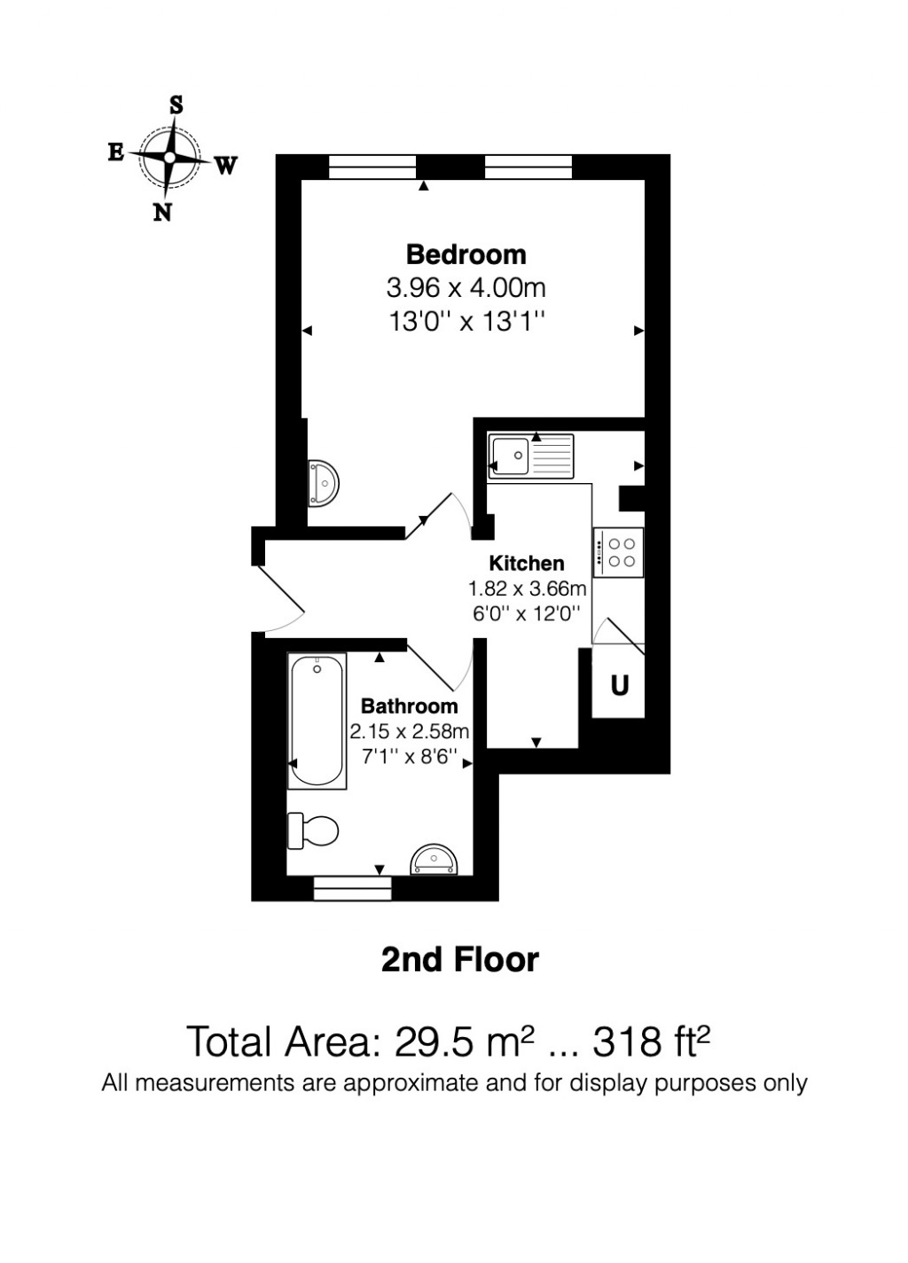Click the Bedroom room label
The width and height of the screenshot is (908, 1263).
pos(466,255)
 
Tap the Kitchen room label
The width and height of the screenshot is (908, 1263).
pos(527,564)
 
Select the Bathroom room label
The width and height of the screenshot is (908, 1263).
pos(409,706)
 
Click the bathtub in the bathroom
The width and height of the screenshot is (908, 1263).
pos(317,720)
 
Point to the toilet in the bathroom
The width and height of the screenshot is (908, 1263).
pos(313,830)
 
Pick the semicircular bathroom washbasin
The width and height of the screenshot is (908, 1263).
pos(434,860)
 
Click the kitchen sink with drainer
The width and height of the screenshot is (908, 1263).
pos(530,456)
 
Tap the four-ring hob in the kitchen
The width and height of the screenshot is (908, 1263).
pos(618,552)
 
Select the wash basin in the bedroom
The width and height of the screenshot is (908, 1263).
pos(323,483)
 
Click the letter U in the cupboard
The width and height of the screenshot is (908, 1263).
pos(620,685)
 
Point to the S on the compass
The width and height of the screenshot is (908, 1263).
pos(176,105)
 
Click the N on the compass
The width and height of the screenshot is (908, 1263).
pos(162,213)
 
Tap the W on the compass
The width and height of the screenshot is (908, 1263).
pos(226,165)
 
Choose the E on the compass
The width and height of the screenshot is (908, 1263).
pos(115,152)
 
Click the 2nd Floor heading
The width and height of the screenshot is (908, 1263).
pos(459,960)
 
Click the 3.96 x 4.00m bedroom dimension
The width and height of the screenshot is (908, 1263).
pos(466,288)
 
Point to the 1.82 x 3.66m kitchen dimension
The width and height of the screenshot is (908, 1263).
pos(527,589)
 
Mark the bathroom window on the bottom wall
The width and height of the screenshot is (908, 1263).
pos(353,888)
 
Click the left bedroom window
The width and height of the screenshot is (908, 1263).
pos(372,166)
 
